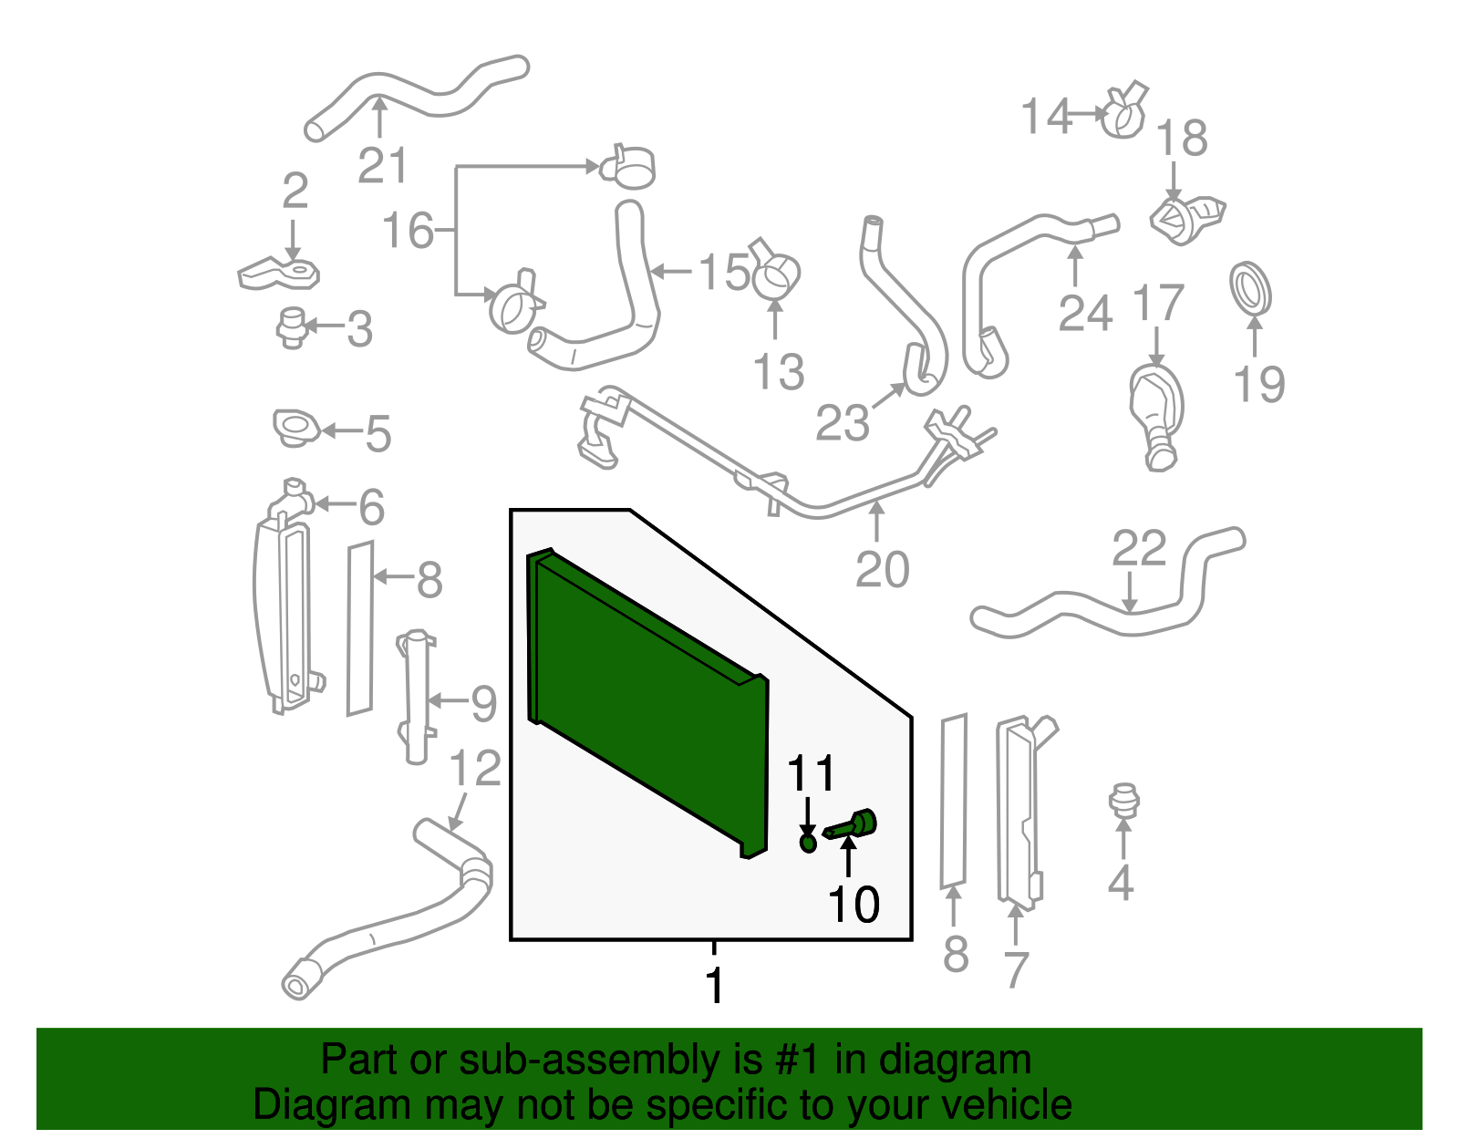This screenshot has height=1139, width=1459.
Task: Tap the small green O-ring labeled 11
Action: tap(808, 843)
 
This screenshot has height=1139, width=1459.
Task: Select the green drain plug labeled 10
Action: tap(853, 825)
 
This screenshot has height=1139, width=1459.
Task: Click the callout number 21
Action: tap(382, 166)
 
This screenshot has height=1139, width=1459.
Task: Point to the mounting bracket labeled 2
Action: tap(278, 273)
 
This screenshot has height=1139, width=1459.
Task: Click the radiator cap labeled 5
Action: tap(296, 429)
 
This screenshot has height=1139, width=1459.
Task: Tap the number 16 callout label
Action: tap(407, 231)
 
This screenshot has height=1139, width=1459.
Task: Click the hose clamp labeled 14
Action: tap(1123, 114)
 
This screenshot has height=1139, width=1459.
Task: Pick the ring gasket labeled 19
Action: tap(1250, 288)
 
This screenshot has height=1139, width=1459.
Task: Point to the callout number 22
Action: tap(1139, 549)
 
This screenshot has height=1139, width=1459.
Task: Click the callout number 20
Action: tap(882, 570)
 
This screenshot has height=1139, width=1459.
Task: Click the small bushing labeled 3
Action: tap(292, 327)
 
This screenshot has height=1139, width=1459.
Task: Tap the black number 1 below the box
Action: tap(714, 986)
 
